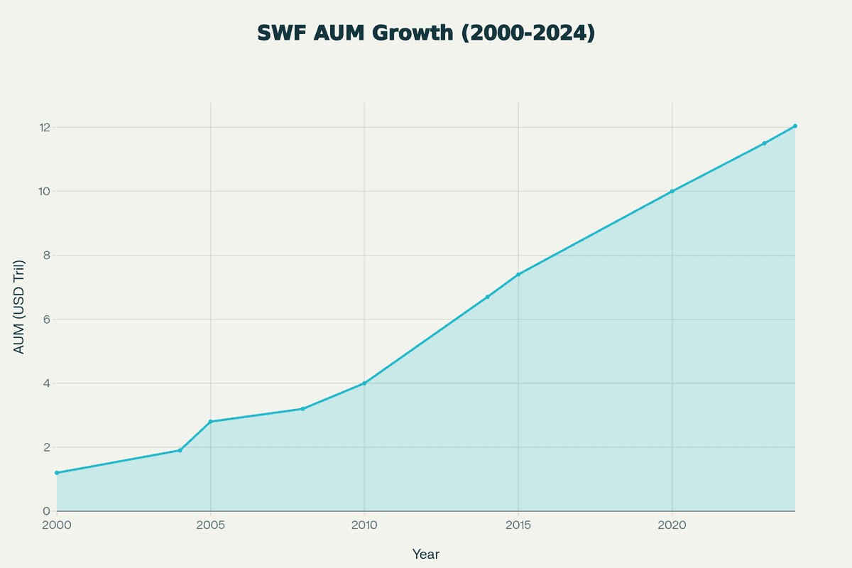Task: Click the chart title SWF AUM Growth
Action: (425, 33)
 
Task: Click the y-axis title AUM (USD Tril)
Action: (19, 307)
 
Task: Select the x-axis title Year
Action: (425, 554)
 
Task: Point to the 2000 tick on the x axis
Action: (57, 525)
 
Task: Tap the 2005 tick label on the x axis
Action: (211, 525)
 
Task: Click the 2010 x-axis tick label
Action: (364, 525)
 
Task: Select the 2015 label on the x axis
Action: (518, 525)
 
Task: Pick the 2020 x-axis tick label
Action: (672, 525)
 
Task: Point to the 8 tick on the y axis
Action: (46, 256)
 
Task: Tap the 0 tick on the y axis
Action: (46, 511)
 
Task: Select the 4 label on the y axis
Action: (46, 383)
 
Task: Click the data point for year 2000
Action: (57, 473)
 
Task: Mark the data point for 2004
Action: (180, 450)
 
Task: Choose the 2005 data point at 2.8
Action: (211, 422)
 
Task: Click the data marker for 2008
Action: (302, 409)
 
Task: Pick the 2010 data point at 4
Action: (364, 383)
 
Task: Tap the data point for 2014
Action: (487, 297)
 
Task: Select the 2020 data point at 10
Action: (672, 192)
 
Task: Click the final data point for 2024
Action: (794, 126)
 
